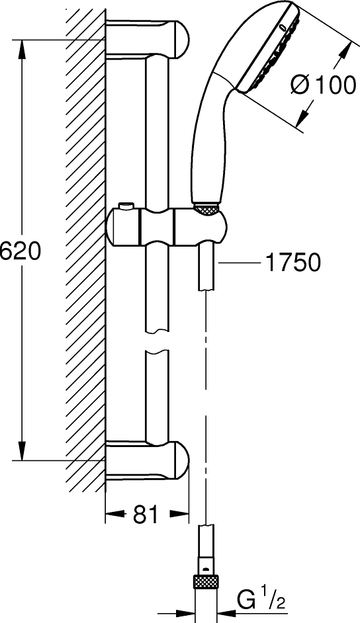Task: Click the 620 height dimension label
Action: tap(21, 251)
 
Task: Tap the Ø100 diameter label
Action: tap(323, 85)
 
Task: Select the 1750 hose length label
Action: tap(293, 263)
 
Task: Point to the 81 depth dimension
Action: tap(146, 515)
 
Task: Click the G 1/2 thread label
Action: tap(260, 602)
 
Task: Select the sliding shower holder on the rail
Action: tap(167, 226)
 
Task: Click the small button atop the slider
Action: tap(126, 206)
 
